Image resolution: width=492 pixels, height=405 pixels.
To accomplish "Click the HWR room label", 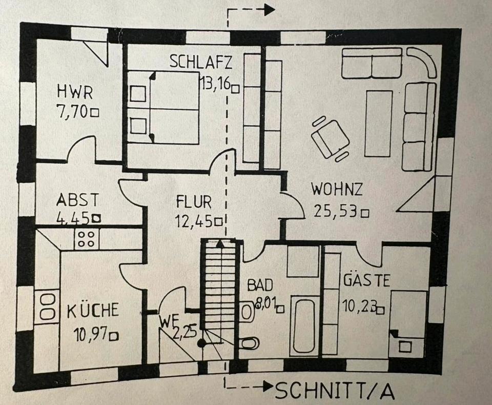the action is tap(75, 94).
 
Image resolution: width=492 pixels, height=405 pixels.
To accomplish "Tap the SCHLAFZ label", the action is tap(201, 62).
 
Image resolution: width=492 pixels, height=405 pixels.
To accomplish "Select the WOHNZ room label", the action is tap(337, 189).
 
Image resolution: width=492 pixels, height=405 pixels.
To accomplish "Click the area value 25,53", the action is tap(335, 212).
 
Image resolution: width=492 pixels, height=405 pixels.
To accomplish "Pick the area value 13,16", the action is tap(215, 83).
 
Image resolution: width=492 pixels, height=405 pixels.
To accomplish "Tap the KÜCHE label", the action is tap(93, 310).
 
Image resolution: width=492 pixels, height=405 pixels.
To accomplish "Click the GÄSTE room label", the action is tap(366, 280).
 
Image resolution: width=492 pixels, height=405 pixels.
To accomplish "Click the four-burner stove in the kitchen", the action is tap(86, 239).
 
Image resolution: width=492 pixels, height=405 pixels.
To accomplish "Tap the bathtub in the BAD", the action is tap(304, 324).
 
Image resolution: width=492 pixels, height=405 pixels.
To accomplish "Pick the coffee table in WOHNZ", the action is tap(378, 123).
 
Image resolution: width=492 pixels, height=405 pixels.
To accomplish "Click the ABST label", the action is tap(77, 199).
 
